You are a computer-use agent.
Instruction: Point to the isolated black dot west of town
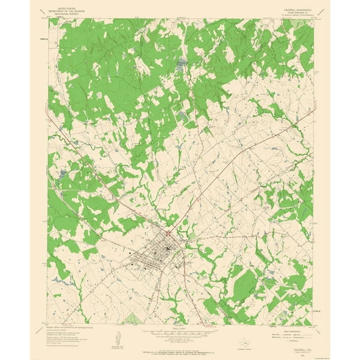click(x=130, y=254)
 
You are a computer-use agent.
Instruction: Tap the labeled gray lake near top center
click(x=182, y=66)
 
